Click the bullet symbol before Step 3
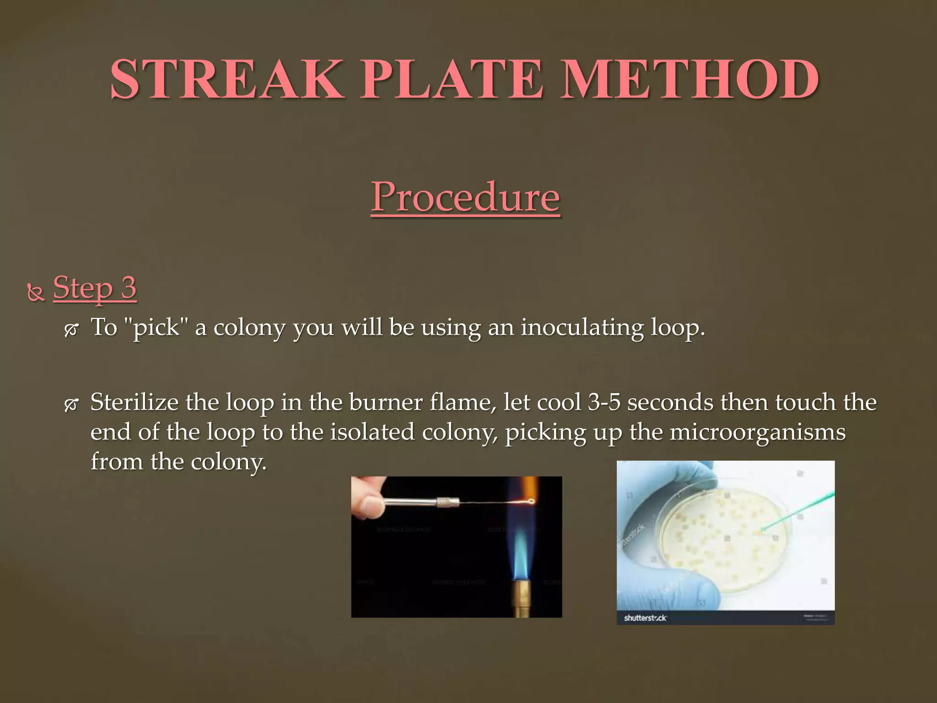click(36, 293)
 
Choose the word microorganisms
click(757, 432)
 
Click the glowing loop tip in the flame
click(531, 501)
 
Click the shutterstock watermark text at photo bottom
click(645, 618)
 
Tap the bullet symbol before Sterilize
click(71, 405)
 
